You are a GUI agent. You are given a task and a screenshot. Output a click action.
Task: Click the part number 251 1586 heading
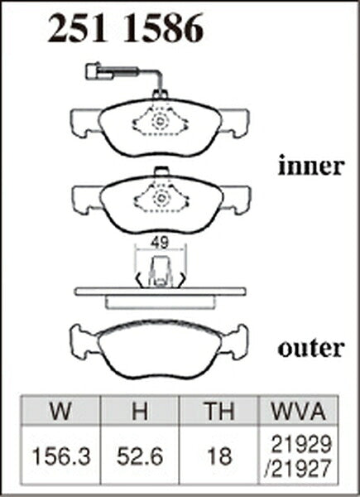point(126,28)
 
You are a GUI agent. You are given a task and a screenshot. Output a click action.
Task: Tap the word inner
point(311,166)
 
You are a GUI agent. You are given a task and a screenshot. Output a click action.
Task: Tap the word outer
point(311,349)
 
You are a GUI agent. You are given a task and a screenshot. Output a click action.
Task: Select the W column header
point(60,411)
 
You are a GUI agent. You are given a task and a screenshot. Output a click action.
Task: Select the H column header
point(140,411)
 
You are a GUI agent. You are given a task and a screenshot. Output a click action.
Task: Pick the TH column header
point(219,411)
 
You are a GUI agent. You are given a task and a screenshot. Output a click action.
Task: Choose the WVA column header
point(299,411)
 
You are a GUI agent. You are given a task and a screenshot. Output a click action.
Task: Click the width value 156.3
point(60,457)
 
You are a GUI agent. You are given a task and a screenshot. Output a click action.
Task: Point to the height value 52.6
point(140,457)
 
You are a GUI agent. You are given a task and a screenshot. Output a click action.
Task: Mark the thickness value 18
point(219,457)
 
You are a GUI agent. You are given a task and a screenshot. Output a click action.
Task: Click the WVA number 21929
point(302,444)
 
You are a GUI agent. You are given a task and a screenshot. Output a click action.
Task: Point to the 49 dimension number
point(159,243)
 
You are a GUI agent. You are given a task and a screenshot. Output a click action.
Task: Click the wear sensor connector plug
point(98,71)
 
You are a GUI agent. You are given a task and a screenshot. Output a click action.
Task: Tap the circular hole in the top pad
point(160,121)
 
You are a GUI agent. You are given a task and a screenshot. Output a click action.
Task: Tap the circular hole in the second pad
point(161,199)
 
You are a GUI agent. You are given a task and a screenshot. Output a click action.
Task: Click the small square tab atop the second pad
point(161,171)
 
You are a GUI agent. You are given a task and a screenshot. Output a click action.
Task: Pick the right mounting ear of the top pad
point(234,123)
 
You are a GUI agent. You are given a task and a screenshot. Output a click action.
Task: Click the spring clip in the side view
point(161,272)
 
